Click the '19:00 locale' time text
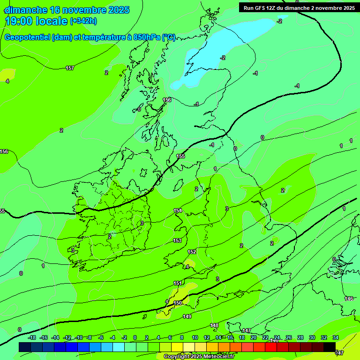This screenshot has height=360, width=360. pos(37,21)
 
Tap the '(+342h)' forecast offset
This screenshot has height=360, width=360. pos(83,21)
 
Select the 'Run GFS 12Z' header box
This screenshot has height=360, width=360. pos(299,7)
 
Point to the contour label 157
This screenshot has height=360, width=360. pos(70,68)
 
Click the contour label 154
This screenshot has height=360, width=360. pos(178,210)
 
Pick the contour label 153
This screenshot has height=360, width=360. pos(177,240)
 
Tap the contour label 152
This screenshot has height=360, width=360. pos(192,252)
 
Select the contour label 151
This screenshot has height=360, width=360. pos(178,283)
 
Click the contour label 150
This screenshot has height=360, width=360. pos(178,303)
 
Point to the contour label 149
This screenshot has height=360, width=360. pos(187,316)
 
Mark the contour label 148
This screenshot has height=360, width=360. pos(214,325)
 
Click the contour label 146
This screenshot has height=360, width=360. pos(349,299)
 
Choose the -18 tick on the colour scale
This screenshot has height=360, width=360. pos(32,337)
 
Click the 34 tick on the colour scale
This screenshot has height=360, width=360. pos(336,337)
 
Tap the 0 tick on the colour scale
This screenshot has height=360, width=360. pos(135,337)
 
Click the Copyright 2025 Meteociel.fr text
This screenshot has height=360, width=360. pos(199,357)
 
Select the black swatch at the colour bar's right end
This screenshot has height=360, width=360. pos(330,347)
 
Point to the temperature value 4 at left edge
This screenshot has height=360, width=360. pos(7,81)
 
